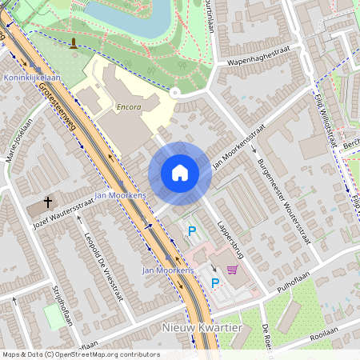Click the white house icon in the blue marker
[180, 173]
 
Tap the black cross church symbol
[47, 202]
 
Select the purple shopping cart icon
[232, 270]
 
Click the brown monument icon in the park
[74, 43]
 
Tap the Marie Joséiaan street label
[19, 139]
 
